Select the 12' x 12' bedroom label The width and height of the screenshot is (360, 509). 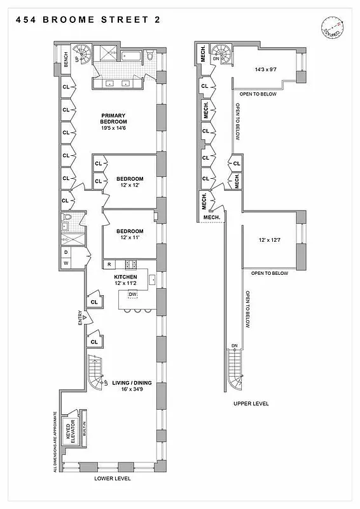pyautogui.click(x=129, y=182)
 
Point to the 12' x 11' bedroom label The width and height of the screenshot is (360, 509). pyautogui.click(x=129, y=235)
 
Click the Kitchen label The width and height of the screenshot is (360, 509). pyautogui.click(x=125, y=281)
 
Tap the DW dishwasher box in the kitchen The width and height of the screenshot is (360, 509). pyautogui.click(x=133, y=295)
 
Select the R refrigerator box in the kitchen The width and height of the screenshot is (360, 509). pyautogui.click(x=109, y=264)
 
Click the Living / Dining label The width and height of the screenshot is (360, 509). pyautogui.click(x=131, y=386)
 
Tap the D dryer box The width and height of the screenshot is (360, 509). pyautogui.click(x=66, y=252)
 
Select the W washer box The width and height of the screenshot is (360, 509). pyautogui.click(x=66, y=263)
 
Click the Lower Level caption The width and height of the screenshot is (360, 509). pyautogui.click(x=113, y=478)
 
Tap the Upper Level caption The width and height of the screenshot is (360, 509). pyautogui.click(x=250, y=403)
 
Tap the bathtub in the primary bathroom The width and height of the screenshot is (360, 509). pyautogui.click(x=132, y=58)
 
